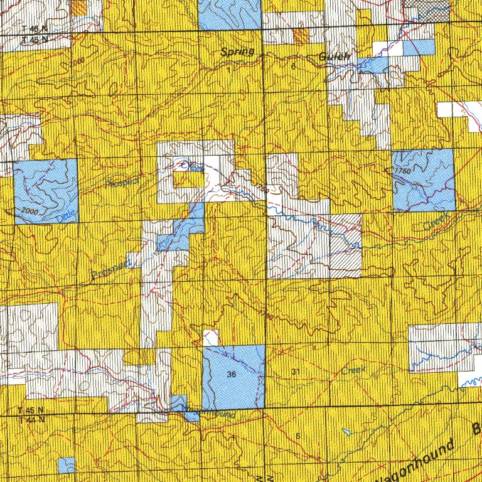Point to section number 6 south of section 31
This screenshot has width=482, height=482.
pyautogui.click(x=297, y=436)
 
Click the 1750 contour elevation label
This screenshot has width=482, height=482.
pyautogui.click(x=403, y=170)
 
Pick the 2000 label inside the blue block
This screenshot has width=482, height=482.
pyautogui.click(x=29, y=210)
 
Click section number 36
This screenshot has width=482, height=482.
pyautogui.click(x=232, y=375)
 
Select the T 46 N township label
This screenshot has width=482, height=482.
pyautogui.click(x=34, y=29)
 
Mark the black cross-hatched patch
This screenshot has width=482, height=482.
pyautogui.click(x=427, y=8)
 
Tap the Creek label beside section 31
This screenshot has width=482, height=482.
pyautogui.click(x=353, y=370)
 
